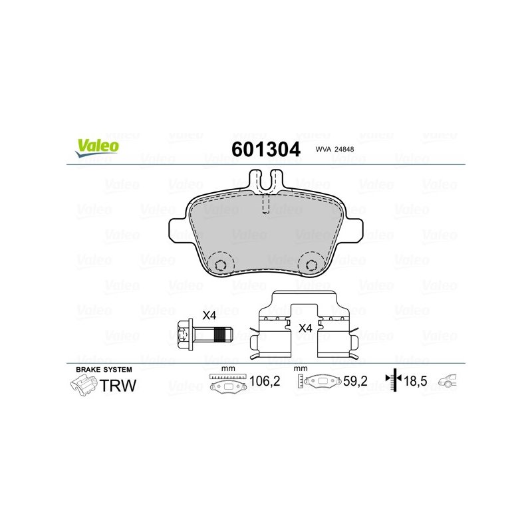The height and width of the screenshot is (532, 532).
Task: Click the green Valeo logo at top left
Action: point(97,148)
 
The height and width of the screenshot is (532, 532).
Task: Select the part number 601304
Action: point(265,149)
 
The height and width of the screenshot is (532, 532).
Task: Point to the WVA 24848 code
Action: point(334,149)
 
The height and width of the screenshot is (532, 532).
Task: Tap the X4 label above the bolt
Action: point(209,315)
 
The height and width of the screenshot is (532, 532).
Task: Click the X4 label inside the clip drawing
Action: point(305,328)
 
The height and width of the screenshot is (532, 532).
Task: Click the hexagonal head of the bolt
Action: point(186,335)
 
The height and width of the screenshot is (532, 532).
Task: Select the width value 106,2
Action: point(265,381)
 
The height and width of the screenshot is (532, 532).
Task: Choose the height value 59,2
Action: point(355,381)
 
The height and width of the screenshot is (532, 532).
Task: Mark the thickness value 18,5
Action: point(415,381)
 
